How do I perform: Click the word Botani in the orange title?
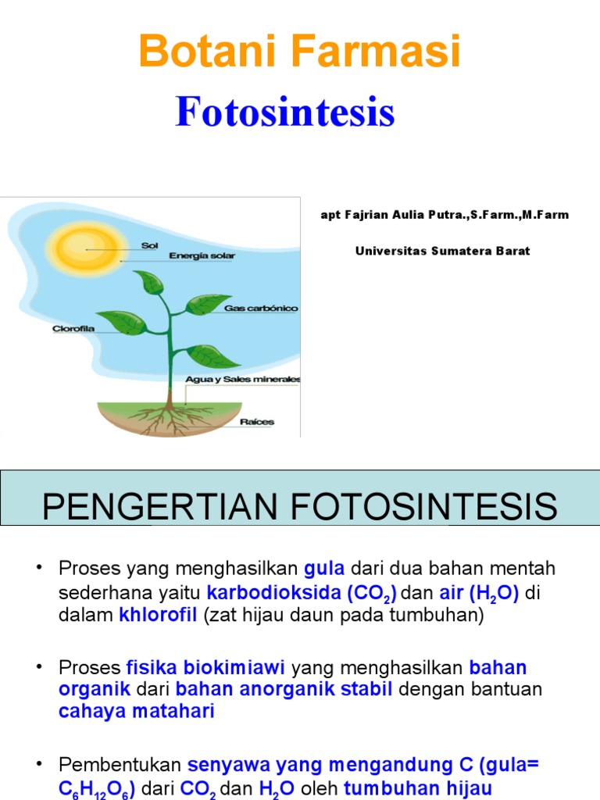(x=207, y=51)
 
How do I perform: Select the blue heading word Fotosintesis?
(x=285, y=112)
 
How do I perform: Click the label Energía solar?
(x=202, y=255)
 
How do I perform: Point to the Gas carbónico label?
(x=261, y=308)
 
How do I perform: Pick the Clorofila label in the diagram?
(x=73, y=329)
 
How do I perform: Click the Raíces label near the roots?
(x=257, y=422)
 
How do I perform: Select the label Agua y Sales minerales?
(x=243, y=380)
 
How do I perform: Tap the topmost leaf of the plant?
(x=148, y=282)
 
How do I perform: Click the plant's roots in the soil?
(x=169, y=419)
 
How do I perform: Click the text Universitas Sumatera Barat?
(x=443, y=251)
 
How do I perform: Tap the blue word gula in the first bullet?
(x=324, y=569)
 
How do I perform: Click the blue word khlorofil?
(x=158, y=615)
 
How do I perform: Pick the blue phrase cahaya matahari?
(x=136, y=711)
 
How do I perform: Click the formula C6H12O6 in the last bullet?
(x=96, y=789)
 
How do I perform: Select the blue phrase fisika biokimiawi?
(x=205, y=667)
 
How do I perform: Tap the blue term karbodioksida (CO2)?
(x=302, y=593)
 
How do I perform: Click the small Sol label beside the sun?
(x=149, y=245)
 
